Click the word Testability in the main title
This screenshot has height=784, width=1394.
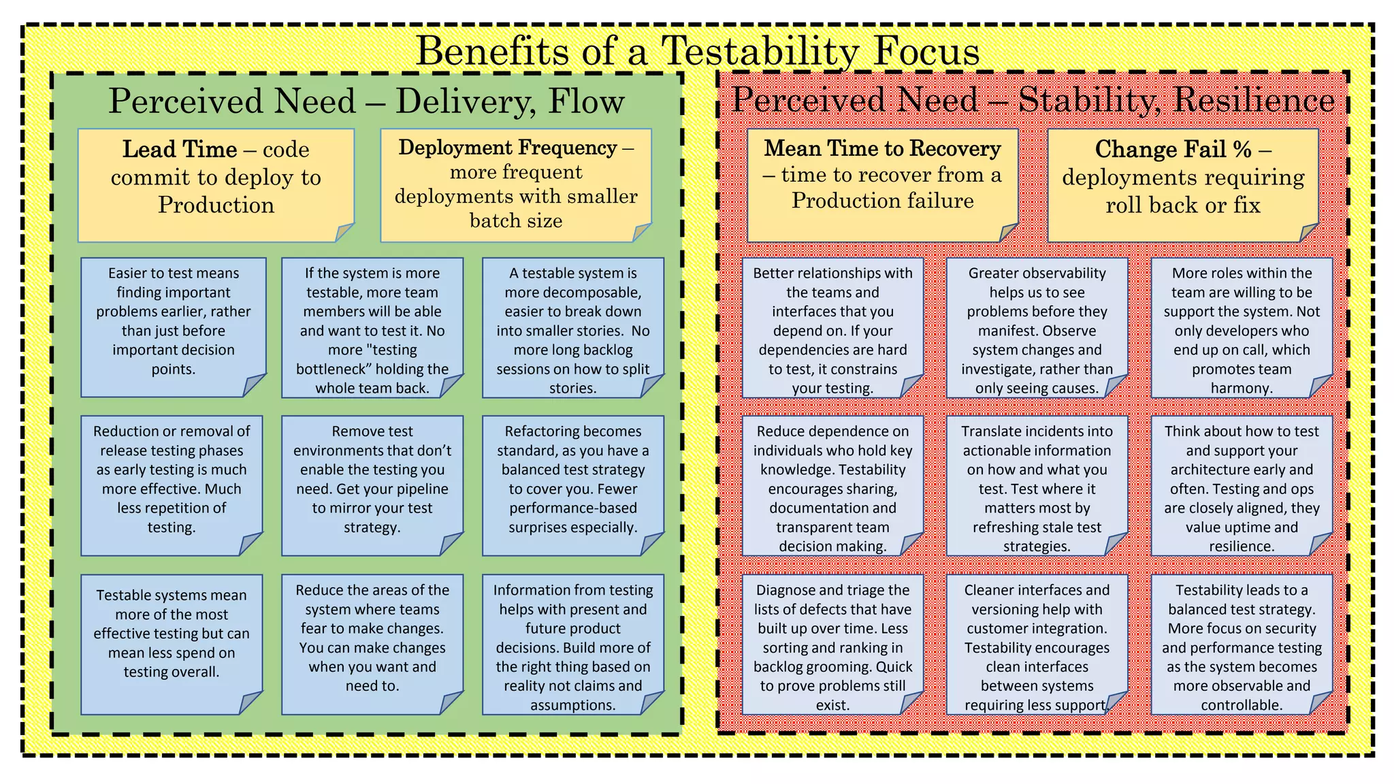coord(760,51)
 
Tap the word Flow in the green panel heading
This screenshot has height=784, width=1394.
coord(586,101)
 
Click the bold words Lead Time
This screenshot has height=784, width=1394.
coord(180,149)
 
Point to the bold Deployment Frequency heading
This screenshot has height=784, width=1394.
coord(508,148)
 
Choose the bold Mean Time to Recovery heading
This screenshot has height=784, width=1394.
coord(882,148)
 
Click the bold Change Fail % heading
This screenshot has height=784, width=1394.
coord(1173,149)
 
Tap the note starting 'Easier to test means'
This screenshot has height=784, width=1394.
coord(173,327)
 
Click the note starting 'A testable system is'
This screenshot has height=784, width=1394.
coord(572,327)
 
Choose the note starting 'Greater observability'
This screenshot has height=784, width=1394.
coord(1037,327)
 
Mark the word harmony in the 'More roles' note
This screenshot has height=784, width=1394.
coord(1241,389)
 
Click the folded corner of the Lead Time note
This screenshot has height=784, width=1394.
coord(344,232)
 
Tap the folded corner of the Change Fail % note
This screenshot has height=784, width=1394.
coord(1308,233)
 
